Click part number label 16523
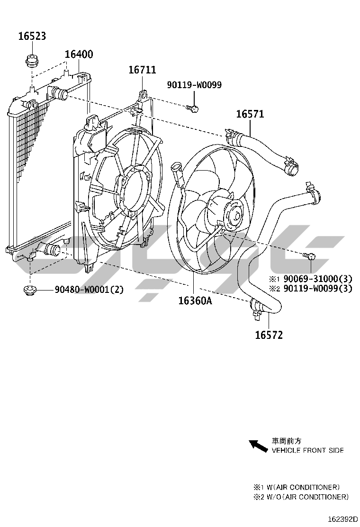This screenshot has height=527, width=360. (32, 36)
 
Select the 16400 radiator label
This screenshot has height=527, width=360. (79, 54)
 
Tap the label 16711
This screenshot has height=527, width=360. (142, 70)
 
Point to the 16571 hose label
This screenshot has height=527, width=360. (250, 114)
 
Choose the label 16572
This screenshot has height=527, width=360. (269, 336)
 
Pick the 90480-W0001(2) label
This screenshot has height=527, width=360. (89, 289)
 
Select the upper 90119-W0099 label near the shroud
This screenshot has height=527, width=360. (194, 85)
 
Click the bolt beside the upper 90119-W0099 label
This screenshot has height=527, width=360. (192, 108)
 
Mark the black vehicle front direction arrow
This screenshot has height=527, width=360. (258, 445)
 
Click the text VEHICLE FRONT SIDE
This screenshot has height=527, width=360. (307, 450)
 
